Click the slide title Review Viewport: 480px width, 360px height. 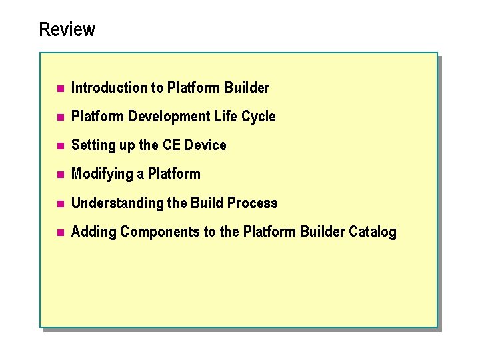(x=67, y=30)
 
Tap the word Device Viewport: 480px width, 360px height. (x=205, y=145)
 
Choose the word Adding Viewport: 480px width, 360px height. (x=93, y=232)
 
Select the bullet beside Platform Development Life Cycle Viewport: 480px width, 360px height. (x=59, y=117)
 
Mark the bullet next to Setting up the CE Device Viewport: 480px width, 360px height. (x=59, y=146)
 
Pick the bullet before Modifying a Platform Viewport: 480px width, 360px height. (x=59, y=175)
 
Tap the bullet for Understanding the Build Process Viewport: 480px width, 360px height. (x=59, y=203)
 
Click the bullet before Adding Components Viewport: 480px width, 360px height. (x=59, y=233)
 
